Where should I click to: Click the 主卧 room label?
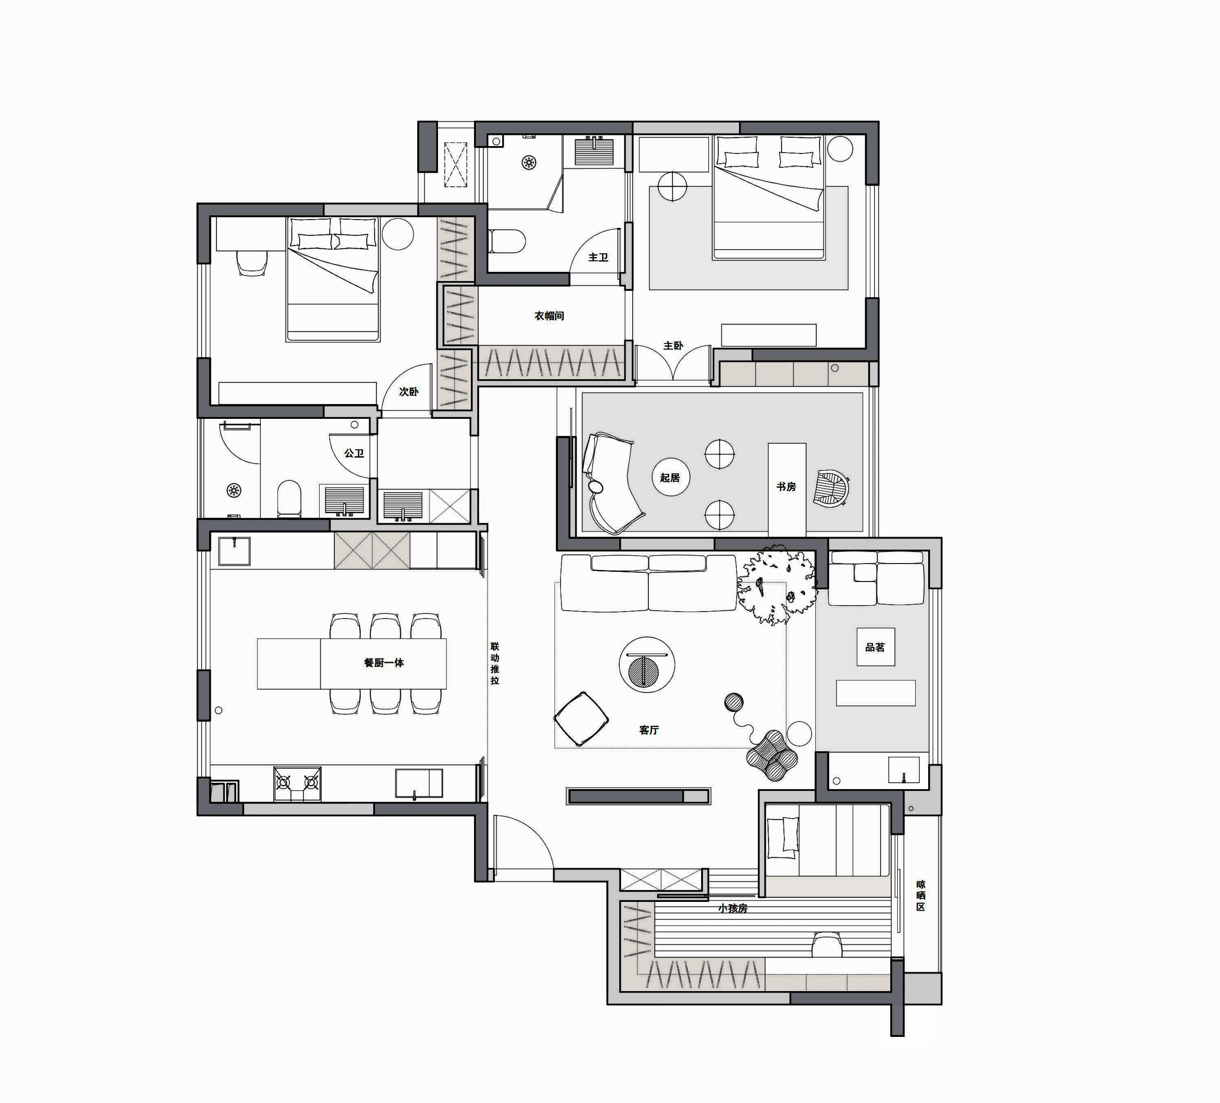tap(673, 345)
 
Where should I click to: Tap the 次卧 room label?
tap(408, 392)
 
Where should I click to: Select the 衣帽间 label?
tap(549, 316)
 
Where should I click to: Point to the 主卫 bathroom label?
tap(598, 257)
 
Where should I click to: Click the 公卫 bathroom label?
tap(354, 453)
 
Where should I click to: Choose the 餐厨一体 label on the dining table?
tap(384, 662)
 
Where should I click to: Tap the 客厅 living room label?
tap(649, 730)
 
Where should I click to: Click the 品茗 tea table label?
tap(875, 647)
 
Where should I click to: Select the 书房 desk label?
tap(786, 486)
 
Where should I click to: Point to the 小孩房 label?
tap(733, 908)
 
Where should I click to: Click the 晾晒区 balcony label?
tap(920, 895)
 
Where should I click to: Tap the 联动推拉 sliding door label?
tap(495, 663)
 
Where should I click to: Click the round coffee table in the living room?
tap(647, 664)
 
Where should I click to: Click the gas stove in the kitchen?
tap(297, 784)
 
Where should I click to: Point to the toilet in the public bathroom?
tap(289, 498)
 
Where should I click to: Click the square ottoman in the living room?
tap(581, 719)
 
